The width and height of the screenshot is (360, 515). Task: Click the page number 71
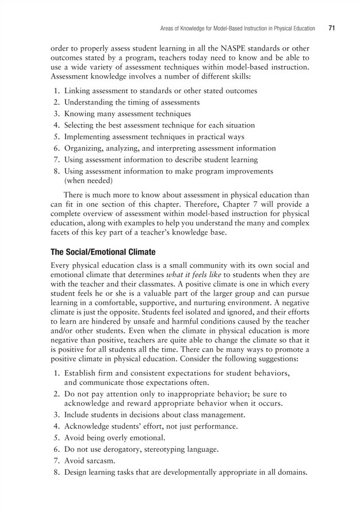[x=332, y=27]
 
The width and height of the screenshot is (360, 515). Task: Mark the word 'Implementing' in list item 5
[x=90, y=137]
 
